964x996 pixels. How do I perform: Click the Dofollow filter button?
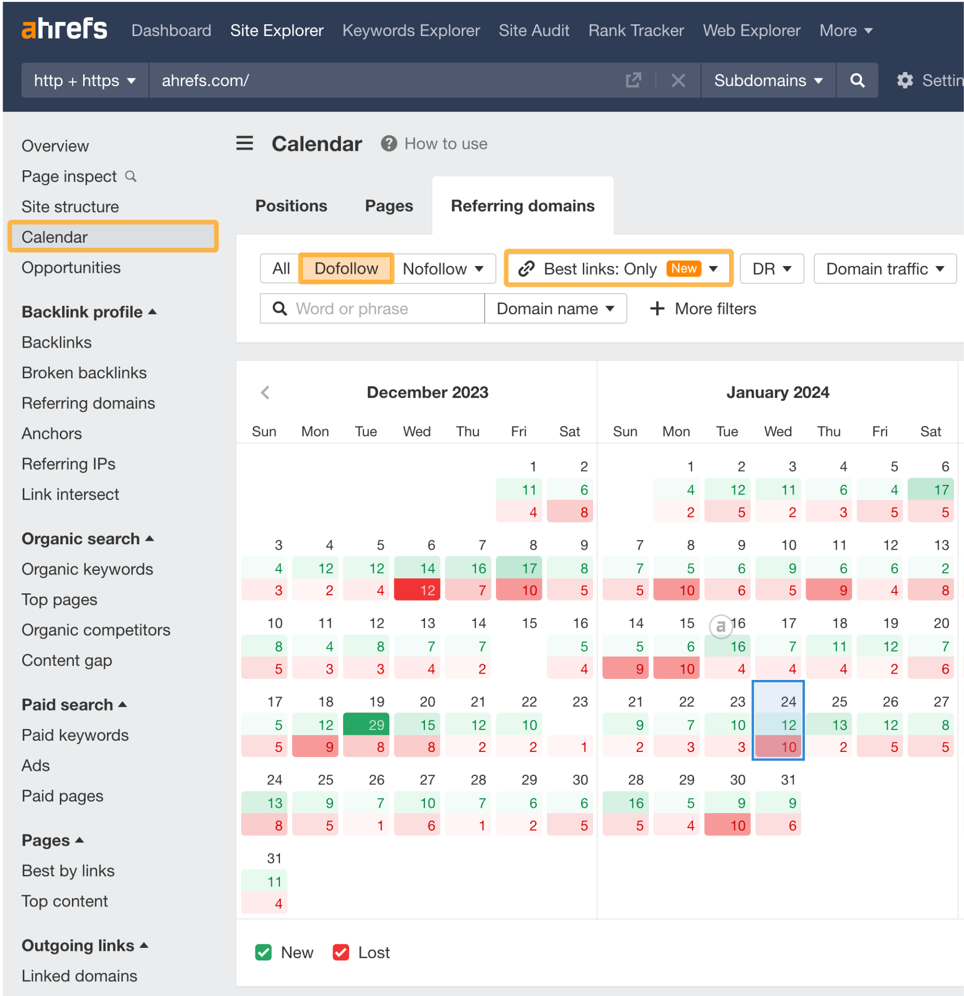pos(346,268)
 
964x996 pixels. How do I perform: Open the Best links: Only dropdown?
pos(618,268)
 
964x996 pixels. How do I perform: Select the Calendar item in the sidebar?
pos(113,237)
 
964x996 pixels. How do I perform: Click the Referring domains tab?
pos(522,206)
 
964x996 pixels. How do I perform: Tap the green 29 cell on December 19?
pos(366,725)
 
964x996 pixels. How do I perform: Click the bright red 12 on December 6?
pos(417,590)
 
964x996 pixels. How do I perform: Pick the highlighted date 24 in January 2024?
pos(778,702)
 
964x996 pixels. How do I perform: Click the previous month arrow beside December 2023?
pos(265,392)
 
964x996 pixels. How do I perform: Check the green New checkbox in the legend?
pos(263,952)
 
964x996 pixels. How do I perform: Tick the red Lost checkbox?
pos(340,952)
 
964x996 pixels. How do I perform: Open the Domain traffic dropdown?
pos(884,268)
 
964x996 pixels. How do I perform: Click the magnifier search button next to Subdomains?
pos(857,80)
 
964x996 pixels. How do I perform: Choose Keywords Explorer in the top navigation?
pos(410,31)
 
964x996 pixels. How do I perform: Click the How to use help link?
pos(445,144)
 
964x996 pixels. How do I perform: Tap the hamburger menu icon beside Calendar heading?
pos(245,143)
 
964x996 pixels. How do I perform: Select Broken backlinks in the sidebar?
pos(84,373)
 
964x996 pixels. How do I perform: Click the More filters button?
pos(703,308)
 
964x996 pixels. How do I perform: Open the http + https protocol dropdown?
pos(84,80)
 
